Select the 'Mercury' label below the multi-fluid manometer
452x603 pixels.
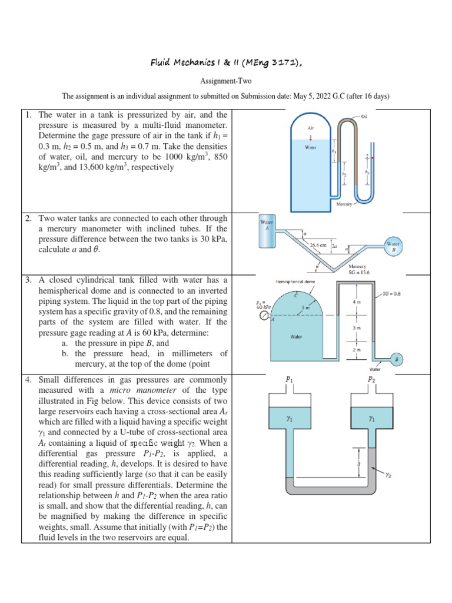tap(344, 204)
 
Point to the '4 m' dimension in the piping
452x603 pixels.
tap(354, 303)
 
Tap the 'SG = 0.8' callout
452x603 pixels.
tap(391, 293)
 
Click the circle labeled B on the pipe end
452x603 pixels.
tap(396, 359)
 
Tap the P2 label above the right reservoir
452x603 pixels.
tap(372, 380)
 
